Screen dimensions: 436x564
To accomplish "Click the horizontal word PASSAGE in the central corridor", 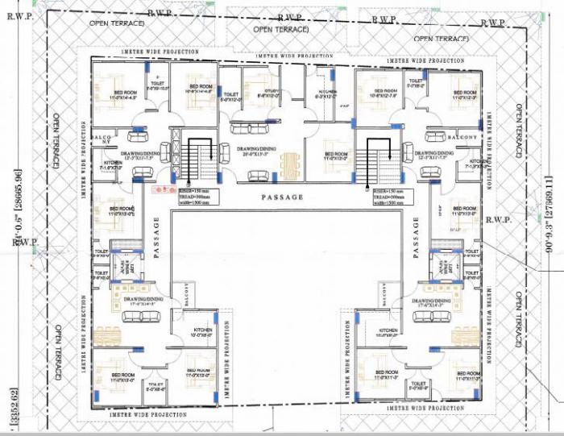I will (282, 197).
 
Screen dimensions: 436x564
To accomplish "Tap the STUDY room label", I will (267, 94).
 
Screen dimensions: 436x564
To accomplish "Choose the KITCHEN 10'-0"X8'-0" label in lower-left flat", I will (202, 332).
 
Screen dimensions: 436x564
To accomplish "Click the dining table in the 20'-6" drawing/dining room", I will (289, 164).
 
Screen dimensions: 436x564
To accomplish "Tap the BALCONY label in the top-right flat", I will (462, 138).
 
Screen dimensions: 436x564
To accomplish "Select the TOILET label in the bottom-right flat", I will (418, 386).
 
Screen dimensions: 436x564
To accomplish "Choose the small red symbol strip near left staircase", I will (163, 189).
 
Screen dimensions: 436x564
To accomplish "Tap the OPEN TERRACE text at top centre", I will (280, 29).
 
